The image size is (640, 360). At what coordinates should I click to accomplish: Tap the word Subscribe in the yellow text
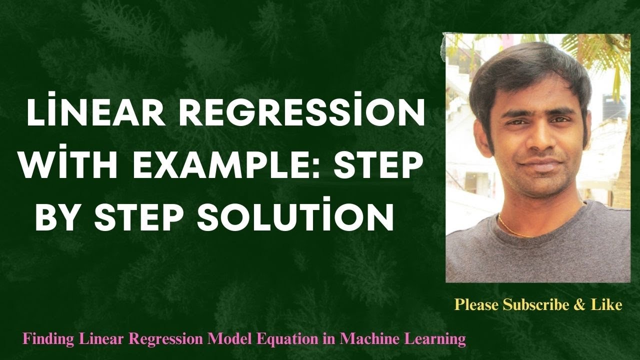click(x=533, y=304)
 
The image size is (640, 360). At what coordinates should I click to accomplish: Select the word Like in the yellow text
click(x=609, y=304)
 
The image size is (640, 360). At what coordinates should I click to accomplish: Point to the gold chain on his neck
click(x=515, y=223)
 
